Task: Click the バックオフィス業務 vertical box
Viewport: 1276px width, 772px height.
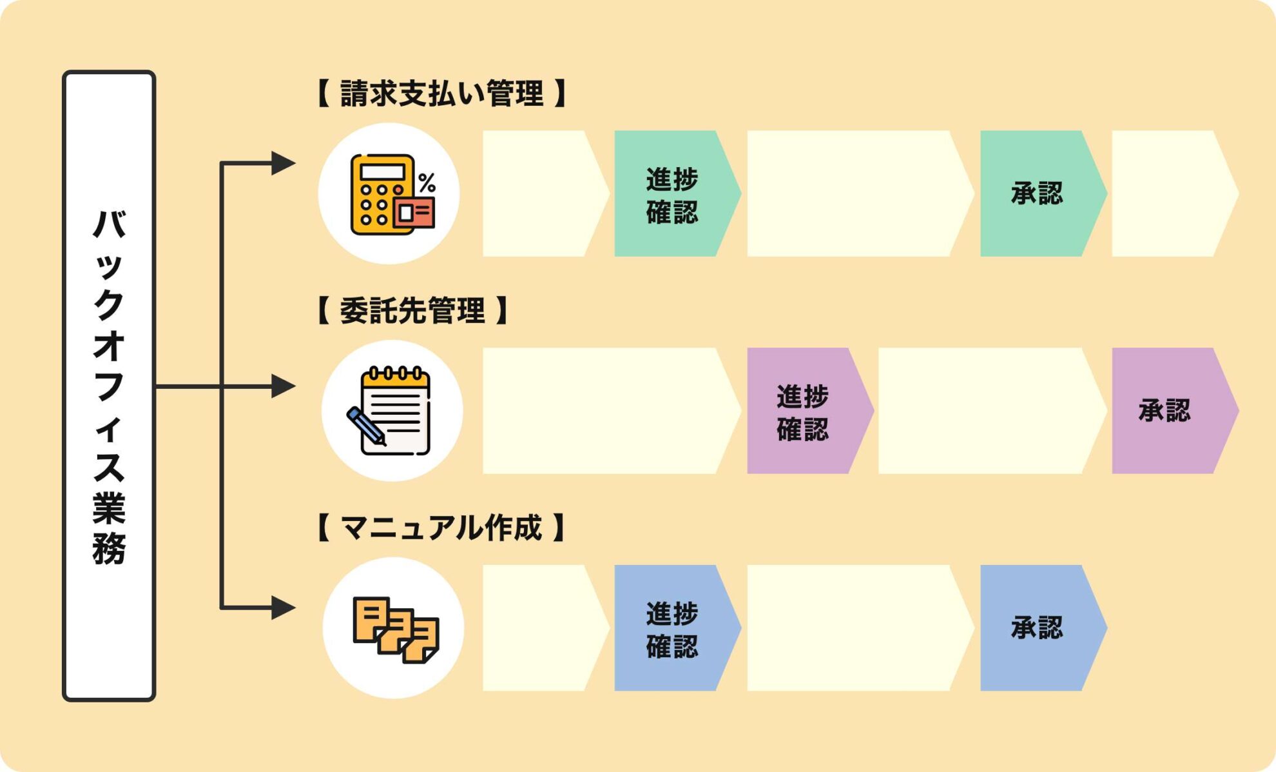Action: click(109, 386)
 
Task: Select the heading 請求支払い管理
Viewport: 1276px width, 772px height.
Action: click(441, 94)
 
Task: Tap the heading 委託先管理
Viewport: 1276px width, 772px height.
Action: click(412, 310)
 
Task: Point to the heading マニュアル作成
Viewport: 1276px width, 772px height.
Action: click(441, 528)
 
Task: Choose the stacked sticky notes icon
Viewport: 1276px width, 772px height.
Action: click(394, 628)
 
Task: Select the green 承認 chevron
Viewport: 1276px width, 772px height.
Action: click(1038, 193)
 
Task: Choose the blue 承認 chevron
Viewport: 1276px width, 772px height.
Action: click(1038, 628)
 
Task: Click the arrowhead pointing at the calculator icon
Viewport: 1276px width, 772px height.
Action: click(283, 163)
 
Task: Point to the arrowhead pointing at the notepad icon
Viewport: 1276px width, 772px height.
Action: click(283, 386)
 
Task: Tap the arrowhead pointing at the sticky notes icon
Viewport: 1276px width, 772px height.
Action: click(283, 608)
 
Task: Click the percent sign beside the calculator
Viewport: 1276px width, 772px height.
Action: click(427, 183)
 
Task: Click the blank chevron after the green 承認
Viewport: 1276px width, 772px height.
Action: click(1170, 193)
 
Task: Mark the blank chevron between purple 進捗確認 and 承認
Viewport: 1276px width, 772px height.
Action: click(987, 411)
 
